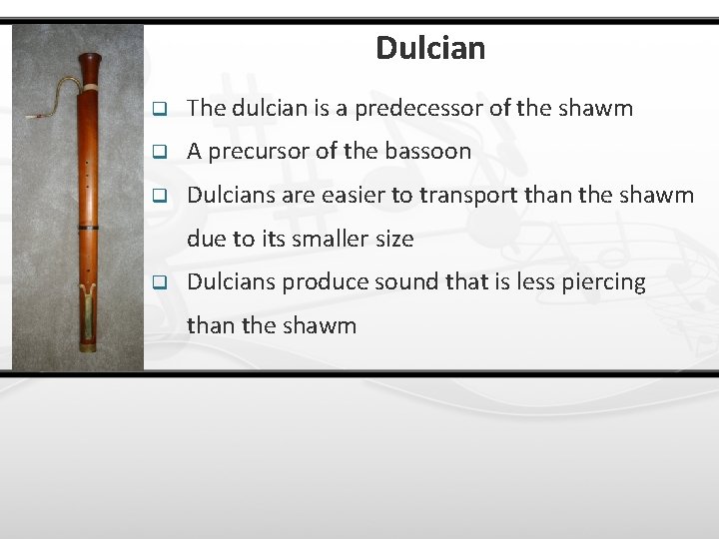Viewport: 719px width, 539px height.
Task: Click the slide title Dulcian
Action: pos(430,48)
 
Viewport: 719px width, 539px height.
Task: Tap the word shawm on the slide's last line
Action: pos(321,326)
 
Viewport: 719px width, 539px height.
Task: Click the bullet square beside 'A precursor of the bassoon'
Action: pos(158,153)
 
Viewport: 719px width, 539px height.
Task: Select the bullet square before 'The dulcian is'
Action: pos(158,109)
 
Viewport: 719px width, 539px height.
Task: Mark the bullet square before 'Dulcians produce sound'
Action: pos(158,283)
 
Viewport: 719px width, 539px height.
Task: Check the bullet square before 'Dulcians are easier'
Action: pos(158,197)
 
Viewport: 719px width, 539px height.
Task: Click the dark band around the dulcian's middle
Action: pos(89,229)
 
